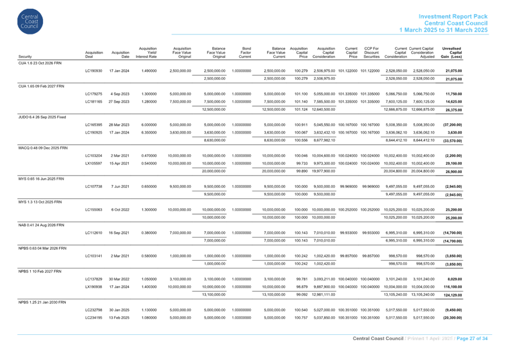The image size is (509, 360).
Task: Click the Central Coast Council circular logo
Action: pyautogui.click(x=30, y=22)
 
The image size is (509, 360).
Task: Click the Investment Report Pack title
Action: pyautogui.click(x=453, y=16)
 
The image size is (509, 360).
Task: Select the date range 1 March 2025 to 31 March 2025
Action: pyautogui.click(x=443, y=30)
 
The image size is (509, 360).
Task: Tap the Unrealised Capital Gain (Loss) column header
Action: pyautogui.click(x=451, y=53)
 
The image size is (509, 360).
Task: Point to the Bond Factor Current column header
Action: pyautogui.click(x=245, y=53)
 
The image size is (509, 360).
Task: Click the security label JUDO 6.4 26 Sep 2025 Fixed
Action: pyautogui.click(x=42, y=117)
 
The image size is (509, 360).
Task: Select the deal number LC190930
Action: pyautogui.click(x=93, y=71)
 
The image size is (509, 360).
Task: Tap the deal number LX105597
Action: pyautogui.click(x=93, y=163)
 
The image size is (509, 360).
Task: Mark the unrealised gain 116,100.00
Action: pyautogui.click(x=452, y=287)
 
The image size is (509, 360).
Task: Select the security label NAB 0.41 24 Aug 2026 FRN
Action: pyautogui.click(x=41, y=225)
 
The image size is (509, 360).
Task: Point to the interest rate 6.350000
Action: pyautogui.click(x=149, y=132)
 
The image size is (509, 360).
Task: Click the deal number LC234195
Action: pyautogui.click(x=93, y=318)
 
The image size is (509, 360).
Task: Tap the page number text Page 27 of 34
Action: pyautogui.click(x=472, y=338)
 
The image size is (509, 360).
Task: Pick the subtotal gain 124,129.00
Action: pyautogui.click(x=452, y=295)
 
